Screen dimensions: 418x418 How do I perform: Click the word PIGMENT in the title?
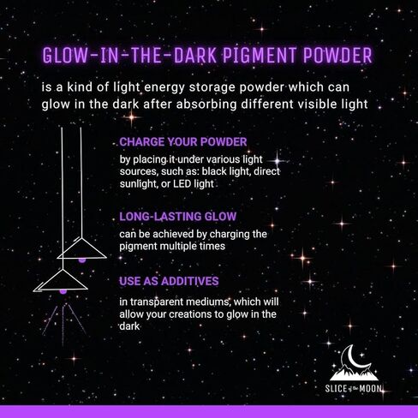click(260, 55)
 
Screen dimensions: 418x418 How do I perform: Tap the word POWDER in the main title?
click(337, 55)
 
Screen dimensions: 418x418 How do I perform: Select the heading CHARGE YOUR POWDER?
click(183, 142)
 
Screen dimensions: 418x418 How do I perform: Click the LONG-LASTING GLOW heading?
click(178, 217)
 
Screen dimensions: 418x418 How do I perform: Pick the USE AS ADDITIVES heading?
click(169, 281)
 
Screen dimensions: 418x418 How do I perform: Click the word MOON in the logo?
click(371, 388)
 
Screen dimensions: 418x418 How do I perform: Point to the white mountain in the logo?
click(354, 373)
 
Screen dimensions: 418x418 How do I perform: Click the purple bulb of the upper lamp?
click(82, 260)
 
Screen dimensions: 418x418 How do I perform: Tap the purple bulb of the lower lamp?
click(63, 291)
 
